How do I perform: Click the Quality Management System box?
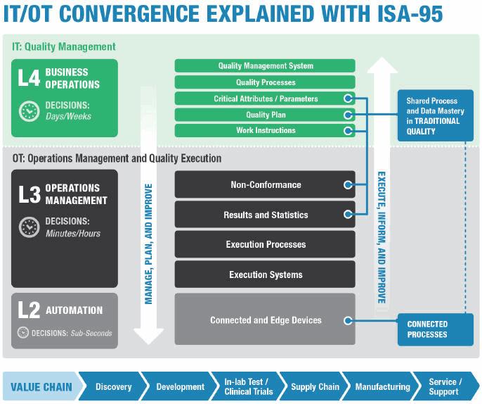265,65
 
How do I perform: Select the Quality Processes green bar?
265,82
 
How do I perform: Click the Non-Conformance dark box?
265,184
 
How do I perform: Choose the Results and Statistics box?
265,215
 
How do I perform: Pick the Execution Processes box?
265,244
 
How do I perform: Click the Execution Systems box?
265,274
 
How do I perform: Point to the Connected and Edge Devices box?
265,320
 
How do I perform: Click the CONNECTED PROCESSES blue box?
435,329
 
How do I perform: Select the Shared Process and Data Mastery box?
435,116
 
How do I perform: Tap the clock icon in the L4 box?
29,111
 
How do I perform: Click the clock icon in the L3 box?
29,227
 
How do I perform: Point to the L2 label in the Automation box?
28,310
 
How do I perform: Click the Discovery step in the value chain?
113,386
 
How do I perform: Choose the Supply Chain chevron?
315,386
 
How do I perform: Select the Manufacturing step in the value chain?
382,386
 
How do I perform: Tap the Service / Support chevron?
444,386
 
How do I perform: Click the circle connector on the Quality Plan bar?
347,115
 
